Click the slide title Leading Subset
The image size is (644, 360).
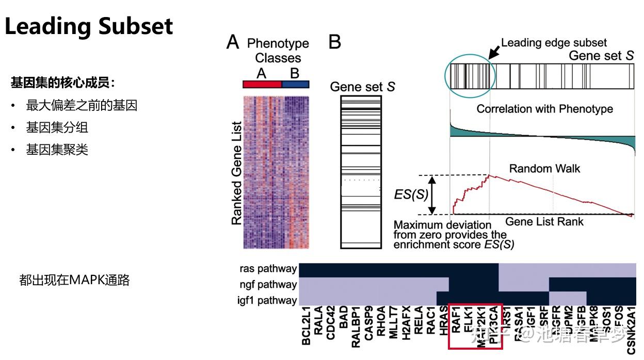[x=89, y=26]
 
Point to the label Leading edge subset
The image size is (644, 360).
[x=554, y=43]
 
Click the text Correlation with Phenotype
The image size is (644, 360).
[x=544, y=109]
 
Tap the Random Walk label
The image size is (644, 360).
[x=544, y=169]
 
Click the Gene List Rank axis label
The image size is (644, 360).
[x=544, y=222]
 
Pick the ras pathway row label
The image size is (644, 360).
[x=268, y=269]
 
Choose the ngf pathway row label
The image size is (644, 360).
[x=268, y=284]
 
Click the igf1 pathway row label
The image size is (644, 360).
[x=268, y=300]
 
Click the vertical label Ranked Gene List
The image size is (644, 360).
[x=236, y=173]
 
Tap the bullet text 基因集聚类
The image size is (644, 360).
[x=57, y=150]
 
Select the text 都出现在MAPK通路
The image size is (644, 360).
[x=74, y=280]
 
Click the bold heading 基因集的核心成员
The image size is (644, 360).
[x=62, y=82]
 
